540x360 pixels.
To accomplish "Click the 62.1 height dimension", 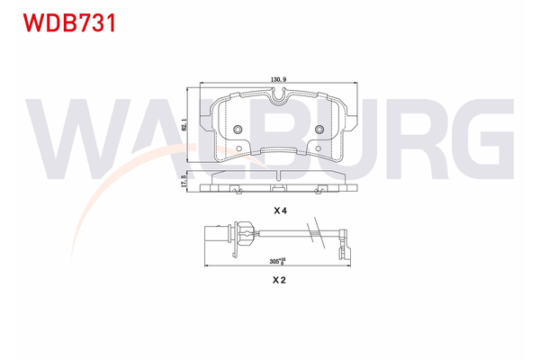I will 184,127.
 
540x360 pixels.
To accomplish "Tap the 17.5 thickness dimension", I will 184,181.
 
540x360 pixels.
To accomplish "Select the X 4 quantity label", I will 279,211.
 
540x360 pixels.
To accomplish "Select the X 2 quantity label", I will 279,281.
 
